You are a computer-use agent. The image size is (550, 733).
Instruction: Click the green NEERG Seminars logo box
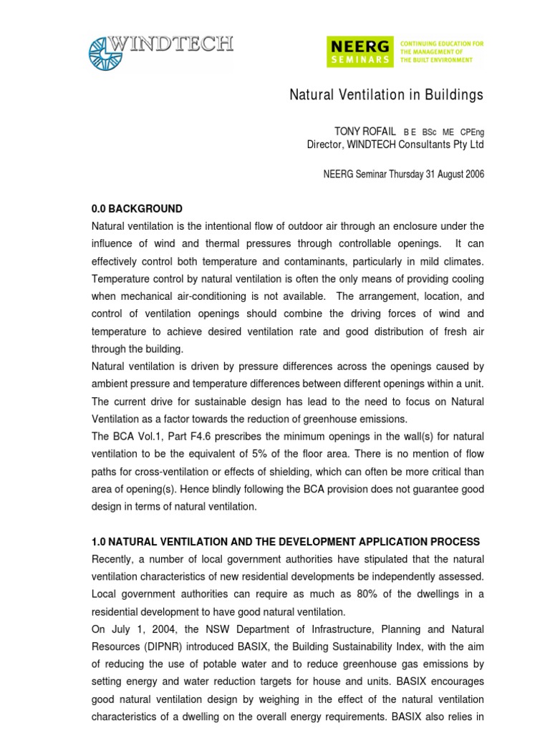coord(360,52)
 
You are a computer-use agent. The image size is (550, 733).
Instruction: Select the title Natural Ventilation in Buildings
coord(386,95)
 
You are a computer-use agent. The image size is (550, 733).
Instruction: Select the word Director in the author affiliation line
coord(325,145)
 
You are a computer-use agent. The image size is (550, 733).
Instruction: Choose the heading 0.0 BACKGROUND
coord(137,209)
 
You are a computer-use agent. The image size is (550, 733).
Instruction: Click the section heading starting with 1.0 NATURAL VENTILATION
coord(285,541)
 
